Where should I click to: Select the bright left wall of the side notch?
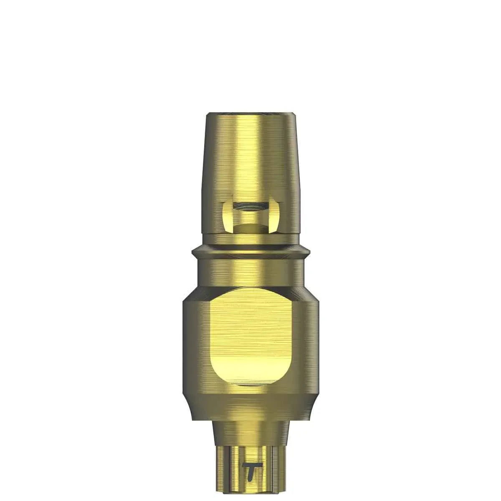click(x=227, y=215)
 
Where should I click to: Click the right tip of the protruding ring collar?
click(x=310, y=251)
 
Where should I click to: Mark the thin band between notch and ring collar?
click(x=250, y=240)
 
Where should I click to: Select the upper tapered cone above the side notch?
click(x=250, y=159)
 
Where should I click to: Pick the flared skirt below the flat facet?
click(x=250, y=407)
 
